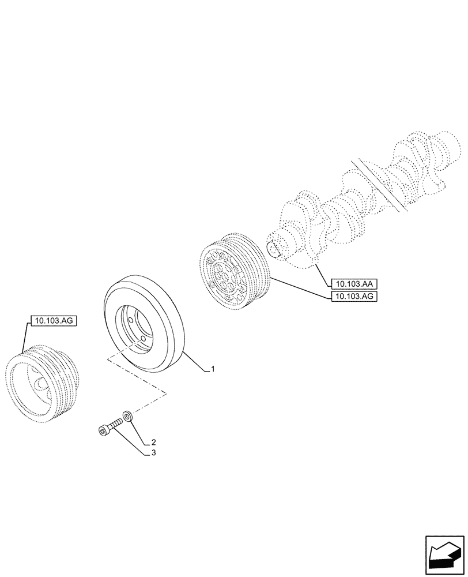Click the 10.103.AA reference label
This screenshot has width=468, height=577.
354,283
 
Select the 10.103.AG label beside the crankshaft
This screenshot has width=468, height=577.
354,297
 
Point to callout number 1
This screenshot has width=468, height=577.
213,369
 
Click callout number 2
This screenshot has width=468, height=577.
154,443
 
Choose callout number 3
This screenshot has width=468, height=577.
154,454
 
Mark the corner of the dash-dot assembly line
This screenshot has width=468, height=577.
167,394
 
